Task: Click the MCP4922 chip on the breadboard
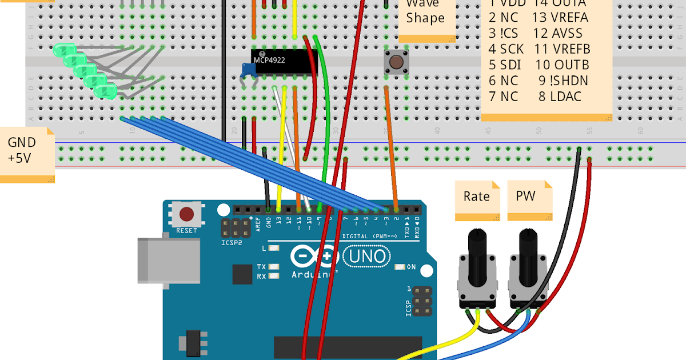(284, 62)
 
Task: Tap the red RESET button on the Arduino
(186, 214)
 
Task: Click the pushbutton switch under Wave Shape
(395, 61)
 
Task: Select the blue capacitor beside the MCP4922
(248, 70)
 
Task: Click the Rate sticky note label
(476, 197)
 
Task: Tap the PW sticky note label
(527, 197)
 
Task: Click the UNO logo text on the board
(368, 256)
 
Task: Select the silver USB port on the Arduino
(168, 261)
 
